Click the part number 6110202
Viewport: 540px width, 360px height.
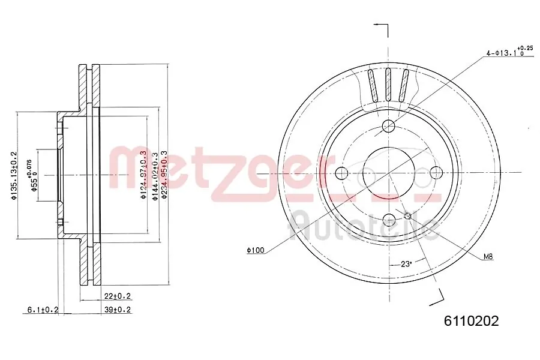pyautogui.click(x=471, y=321)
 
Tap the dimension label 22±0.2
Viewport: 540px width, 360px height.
pyautogui.click(x=117, y=296)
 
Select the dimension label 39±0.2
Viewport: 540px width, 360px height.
pyautogui.click(x=117, y=310)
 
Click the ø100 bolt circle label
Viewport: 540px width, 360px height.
pyautogui.click(x=255, y=250)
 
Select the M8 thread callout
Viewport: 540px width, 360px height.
pyautogui.click(x=488, y=257)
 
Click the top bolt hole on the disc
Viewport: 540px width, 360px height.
pyautogui.click(x=389, y=126)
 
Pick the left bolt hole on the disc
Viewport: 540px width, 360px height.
pyautogui.click(x=341, y=173)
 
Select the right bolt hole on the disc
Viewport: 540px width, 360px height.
pyautogui.click(x=436, y=173)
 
